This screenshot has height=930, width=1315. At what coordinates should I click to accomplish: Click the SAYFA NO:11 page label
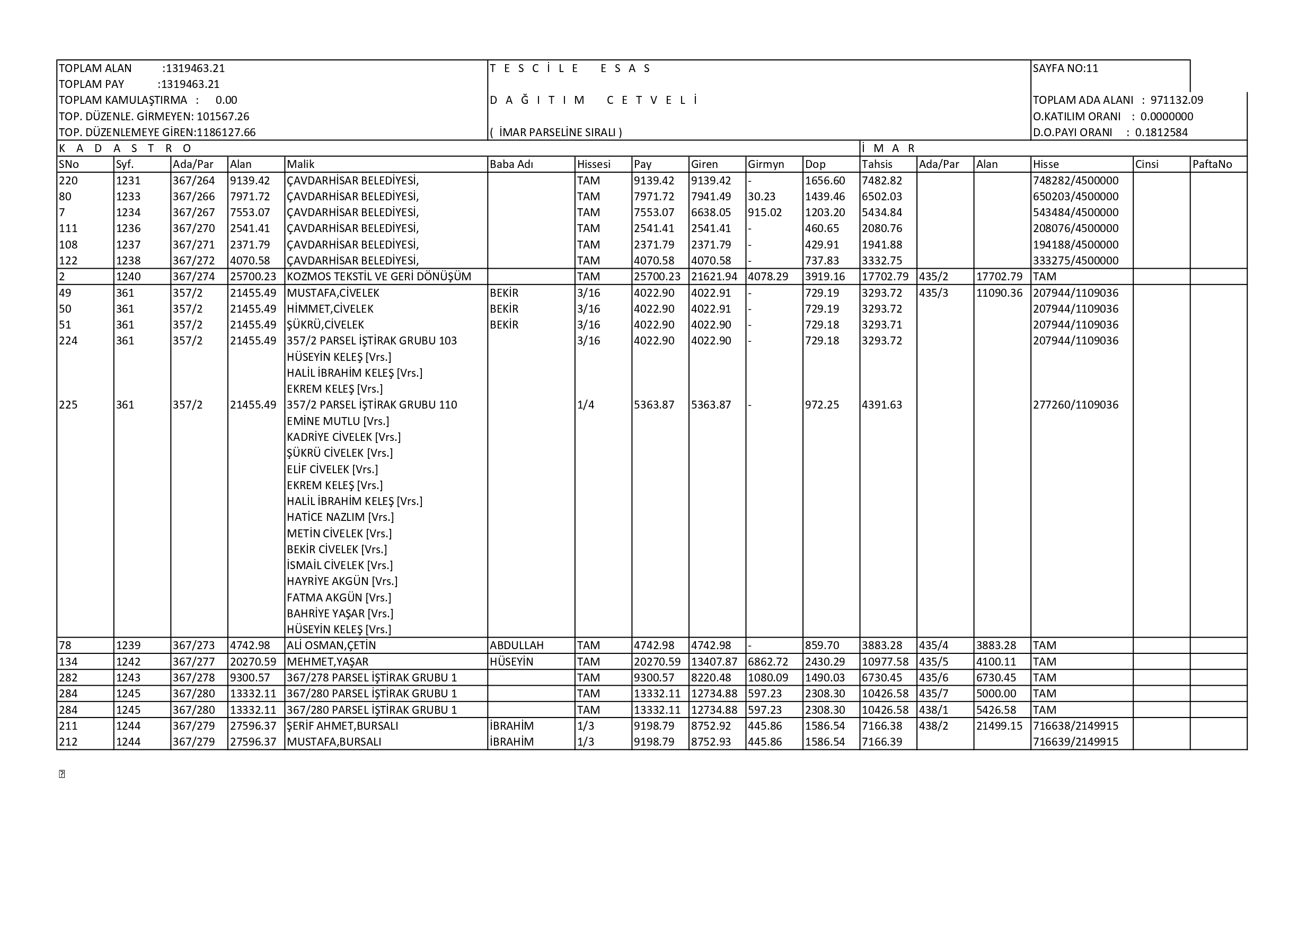click(x=1065, y=69)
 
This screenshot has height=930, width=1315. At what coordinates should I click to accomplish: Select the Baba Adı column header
click(x=511, y=164)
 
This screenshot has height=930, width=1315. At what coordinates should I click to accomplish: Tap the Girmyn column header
click(x=766, y=164)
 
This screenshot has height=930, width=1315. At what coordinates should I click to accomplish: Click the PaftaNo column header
click(x=1212, y=164)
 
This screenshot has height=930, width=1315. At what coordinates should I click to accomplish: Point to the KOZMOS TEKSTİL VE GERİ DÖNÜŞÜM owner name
click(x=378, y=277)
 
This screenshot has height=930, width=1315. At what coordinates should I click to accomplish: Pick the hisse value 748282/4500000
click(x=1075, y=181)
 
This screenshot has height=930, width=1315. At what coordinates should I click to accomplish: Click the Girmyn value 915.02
click(x=765, y=212)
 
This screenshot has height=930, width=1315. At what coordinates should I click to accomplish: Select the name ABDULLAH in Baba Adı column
click(x=517, y=645)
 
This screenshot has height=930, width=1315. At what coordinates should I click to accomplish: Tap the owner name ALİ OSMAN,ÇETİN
click(x=331, y=645)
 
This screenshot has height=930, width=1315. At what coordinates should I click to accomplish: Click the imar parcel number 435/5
click(x=933, y=662)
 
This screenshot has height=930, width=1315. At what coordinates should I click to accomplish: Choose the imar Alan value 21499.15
click(x=999, y=726)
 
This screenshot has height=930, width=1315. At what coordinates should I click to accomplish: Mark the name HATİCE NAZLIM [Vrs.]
click(x=340, y=517)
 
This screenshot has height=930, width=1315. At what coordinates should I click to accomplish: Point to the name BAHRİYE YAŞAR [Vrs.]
click(x=340, y=614)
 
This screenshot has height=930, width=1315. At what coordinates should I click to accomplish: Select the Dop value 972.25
click(x=822, y=405)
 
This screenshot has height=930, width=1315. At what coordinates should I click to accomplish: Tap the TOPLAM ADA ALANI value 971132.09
click(x=1177, y=100)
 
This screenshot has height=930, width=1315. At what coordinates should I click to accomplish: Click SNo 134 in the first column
click(x=68, y=662)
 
